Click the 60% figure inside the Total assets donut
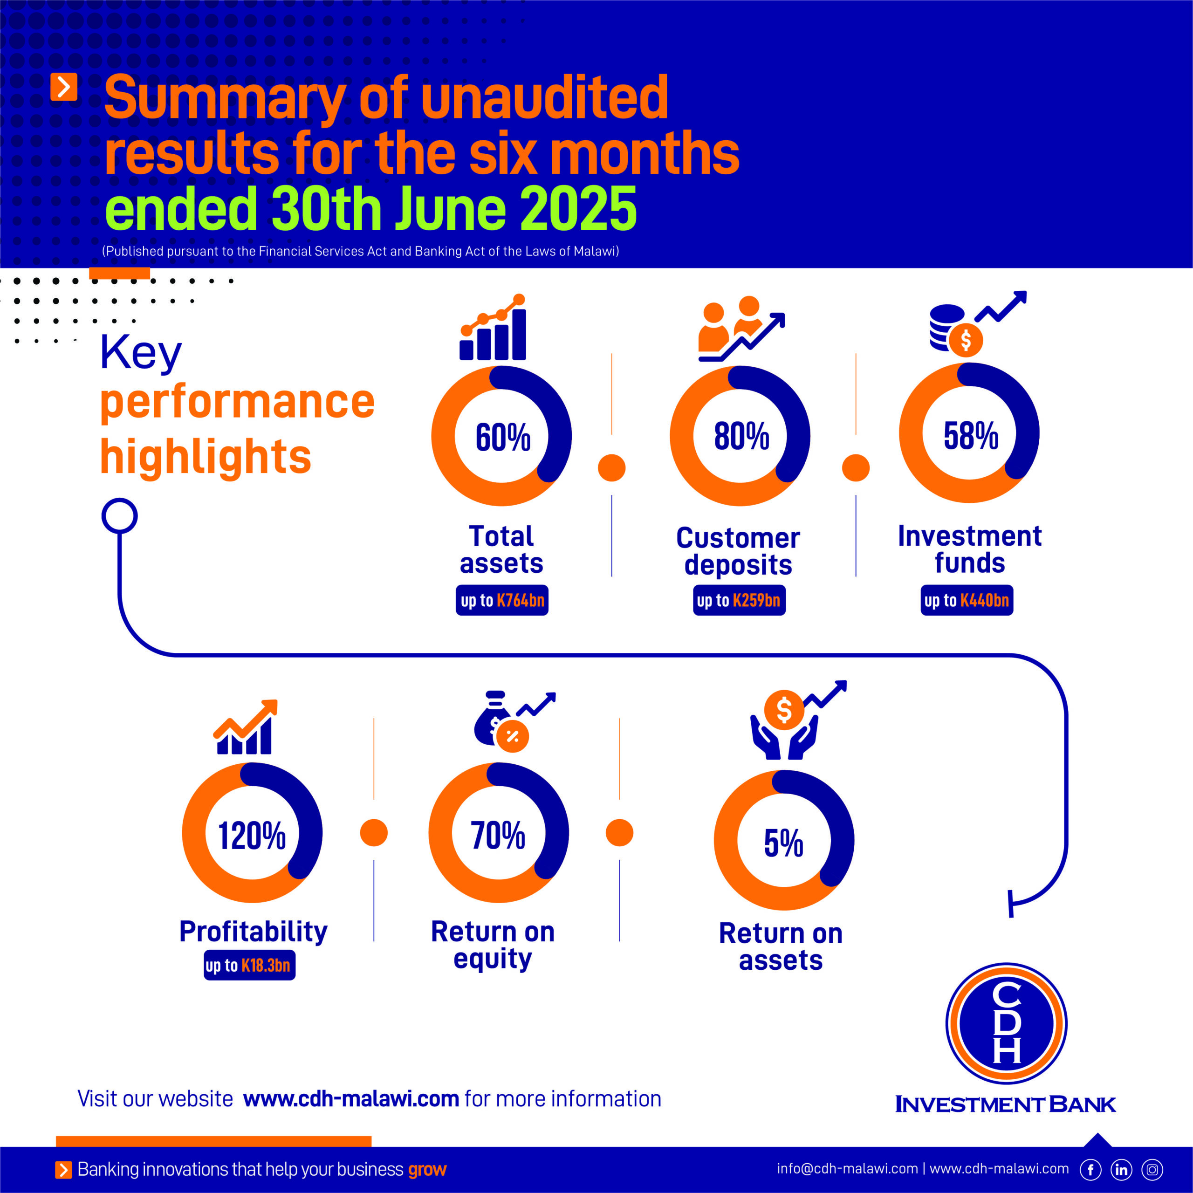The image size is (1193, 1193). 503,437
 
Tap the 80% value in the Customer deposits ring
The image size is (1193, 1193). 741,436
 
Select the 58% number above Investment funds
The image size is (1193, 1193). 970,435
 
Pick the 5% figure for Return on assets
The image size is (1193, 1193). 783,843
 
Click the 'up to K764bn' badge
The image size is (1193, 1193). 502,600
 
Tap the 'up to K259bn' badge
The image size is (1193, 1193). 739,600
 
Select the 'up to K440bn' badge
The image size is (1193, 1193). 967,600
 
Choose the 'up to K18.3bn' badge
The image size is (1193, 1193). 249,965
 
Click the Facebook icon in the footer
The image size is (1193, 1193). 1090,1170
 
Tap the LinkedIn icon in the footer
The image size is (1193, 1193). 1121,1170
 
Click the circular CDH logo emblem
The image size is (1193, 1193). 1007,1023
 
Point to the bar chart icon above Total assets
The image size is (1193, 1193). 493,329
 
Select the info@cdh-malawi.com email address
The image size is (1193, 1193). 847,1169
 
